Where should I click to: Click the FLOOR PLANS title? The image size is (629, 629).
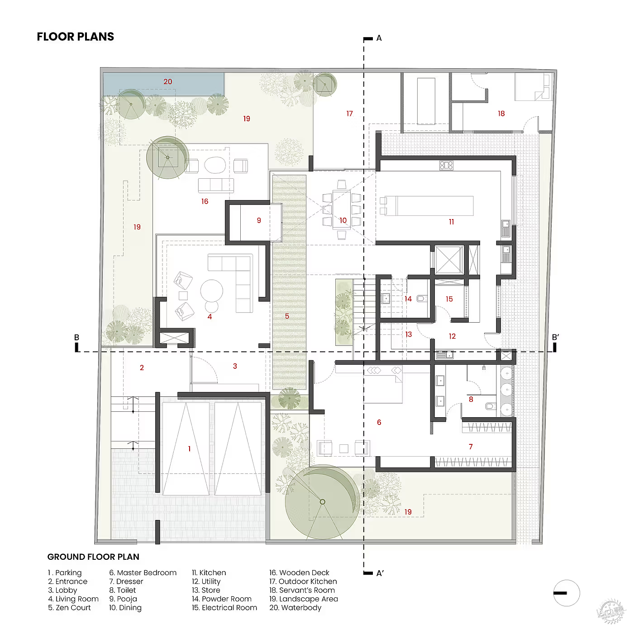76,37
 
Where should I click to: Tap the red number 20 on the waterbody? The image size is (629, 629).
168,81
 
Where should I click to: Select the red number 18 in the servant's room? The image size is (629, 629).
501,113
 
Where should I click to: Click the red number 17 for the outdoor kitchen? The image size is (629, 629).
350,113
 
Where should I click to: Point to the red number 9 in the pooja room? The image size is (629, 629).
259,220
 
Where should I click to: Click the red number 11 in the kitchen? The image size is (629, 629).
452,222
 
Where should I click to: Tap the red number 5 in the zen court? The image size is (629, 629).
287,316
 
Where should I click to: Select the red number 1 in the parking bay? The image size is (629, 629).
189,449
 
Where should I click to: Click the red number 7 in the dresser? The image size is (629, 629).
471,447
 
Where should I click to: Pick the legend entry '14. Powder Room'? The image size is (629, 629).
222,599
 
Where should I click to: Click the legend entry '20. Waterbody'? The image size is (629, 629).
295,607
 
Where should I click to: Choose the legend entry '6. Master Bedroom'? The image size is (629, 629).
143,572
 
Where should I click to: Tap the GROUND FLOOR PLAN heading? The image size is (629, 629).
93,557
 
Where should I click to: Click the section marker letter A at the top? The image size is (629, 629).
379,38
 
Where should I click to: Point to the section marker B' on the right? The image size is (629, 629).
555,337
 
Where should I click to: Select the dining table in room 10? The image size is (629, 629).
342,210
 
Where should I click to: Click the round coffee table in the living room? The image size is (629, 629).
211,291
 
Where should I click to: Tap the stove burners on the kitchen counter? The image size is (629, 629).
446,166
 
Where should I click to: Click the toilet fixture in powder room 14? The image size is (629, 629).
422,298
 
